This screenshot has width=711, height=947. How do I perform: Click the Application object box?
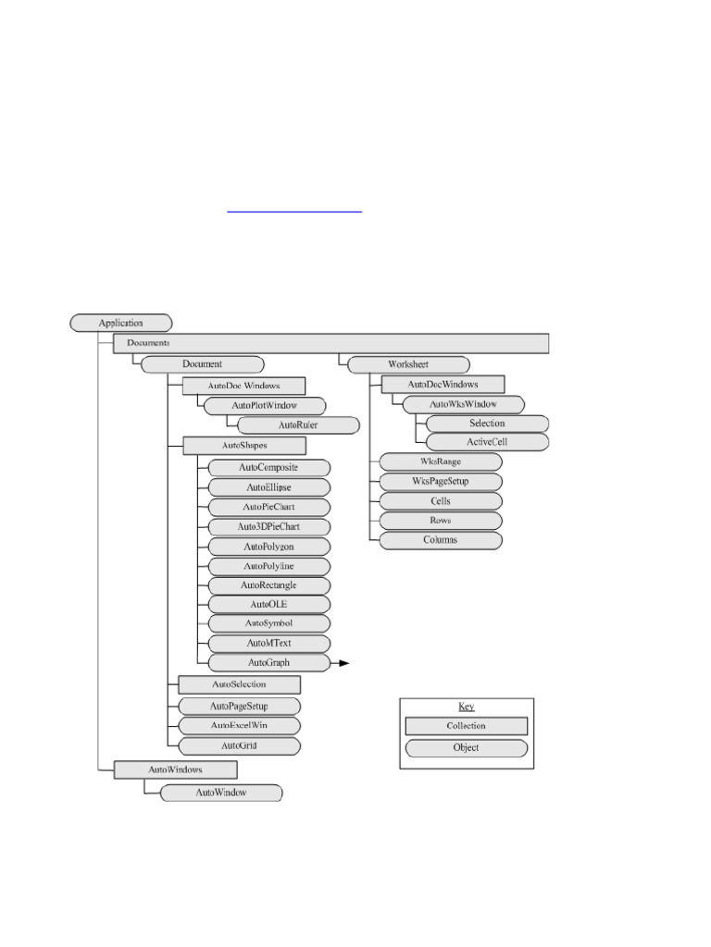pos(121,323)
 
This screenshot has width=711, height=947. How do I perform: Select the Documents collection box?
pos(331,343)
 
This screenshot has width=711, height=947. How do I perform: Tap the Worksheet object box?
pos(407,363)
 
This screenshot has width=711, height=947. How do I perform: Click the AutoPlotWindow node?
pos(264,405)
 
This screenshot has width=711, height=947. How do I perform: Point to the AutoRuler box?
pos(297,425)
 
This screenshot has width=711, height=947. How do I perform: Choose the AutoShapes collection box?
pos(244,446)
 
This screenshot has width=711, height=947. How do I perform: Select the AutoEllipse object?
pos(268,486)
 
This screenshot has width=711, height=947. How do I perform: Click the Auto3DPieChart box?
pos(268,526)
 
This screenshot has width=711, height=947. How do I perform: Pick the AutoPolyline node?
pos(268,566)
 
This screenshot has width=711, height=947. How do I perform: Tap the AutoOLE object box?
pos(268,604)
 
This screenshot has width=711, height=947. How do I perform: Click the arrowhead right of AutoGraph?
pos(344,663)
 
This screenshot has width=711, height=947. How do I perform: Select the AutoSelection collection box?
pos(239,684)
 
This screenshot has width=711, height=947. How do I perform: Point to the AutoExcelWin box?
pos(239,725)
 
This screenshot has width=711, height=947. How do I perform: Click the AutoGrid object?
pos(239,744)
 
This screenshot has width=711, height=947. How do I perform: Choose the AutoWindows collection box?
pos(175,769)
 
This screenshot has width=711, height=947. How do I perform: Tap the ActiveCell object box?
pos(487,442)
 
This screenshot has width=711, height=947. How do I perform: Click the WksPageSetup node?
pos(441,481)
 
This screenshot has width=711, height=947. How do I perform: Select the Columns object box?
pos(441,539)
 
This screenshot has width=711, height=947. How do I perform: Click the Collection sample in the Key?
pos(466,726)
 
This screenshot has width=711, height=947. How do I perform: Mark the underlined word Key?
pos(466,707)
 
